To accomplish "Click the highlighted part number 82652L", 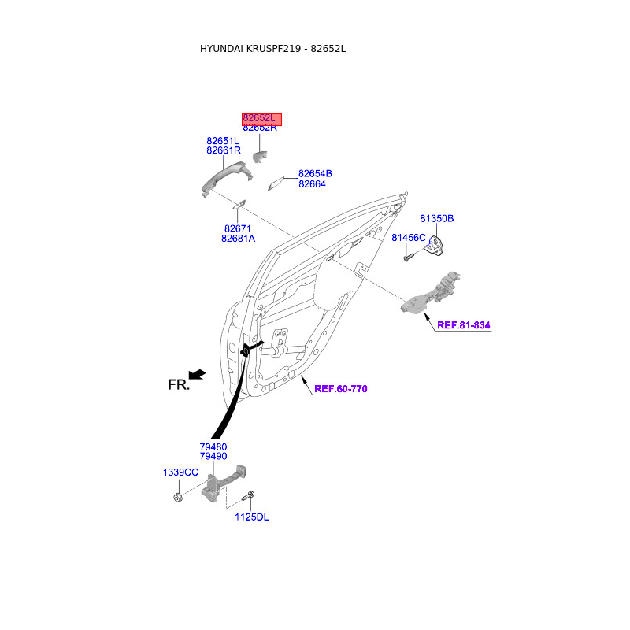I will (x=261, y=118).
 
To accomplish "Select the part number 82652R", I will (x=260, y=128).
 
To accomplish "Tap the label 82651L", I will (x=223, y=141).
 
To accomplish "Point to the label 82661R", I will (x=224, y=150).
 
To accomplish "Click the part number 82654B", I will (x=315, y=174).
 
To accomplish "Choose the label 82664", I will (x=312, y=184).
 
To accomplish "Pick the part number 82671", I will (x=239, y=228).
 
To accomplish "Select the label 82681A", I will (x=239, y=239).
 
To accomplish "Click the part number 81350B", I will (x=436, y=218).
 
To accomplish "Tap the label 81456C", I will (x=409, y=238).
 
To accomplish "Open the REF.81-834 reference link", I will (x=469, y=325).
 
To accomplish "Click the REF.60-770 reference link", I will (x=341, y=389).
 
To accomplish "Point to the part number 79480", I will (x=213, y=447).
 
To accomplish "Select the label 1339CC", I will (x=180, y=472).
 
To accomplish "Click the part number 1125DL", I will (x=251, y=517).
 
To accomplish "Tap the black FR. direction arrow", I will (x=198, y=374).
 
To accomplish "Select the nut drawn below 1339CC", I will (x=178, y=498).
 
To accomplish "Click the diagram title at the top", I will (x=273, y=49).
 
